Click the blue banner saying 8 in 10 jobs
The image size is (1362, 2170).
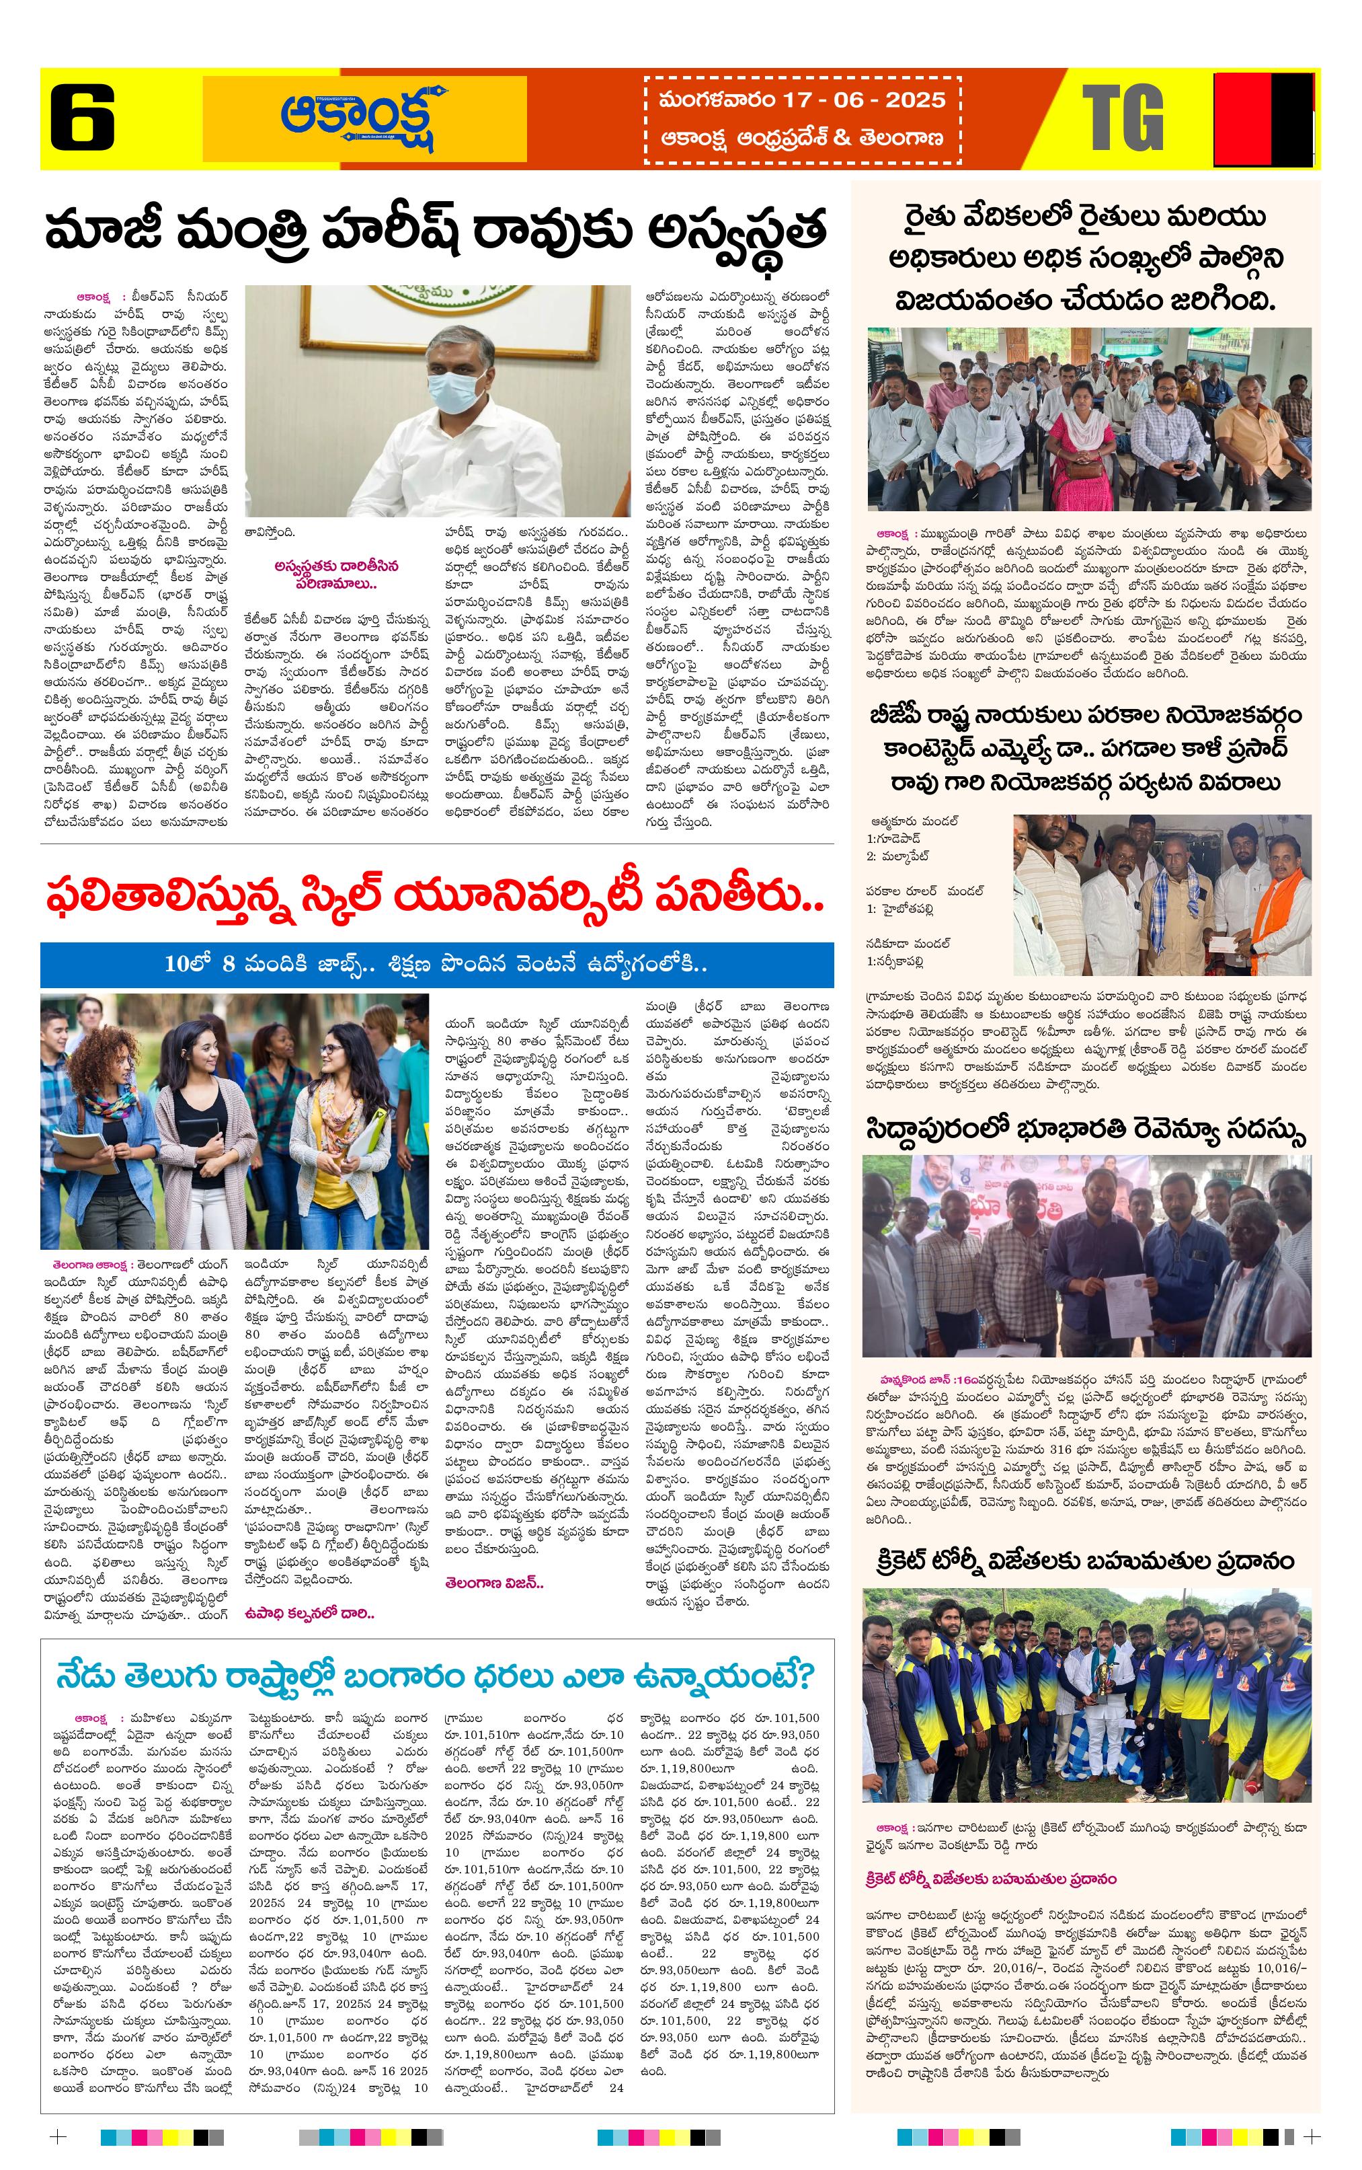coord(436,964)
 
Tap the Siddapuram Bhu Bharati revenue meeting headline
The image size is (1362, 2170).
coord(1086,1130)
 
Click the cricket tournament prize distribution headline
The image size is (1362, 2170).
coord(1086,1561)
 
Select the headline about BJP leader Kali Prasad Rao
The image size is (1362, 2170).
coord(1086,748)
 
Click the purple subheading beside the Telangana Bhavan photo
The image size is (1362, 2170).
coord(336,573)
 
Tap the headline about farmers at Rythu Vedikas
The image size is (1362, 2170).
coord(1086,258)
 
